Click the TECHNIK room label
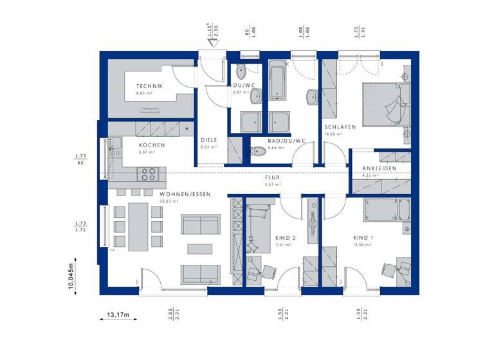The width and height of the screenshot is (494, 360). [x=149, y=86]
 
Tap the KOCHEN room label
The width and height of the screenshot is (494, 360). [x=152, y=145]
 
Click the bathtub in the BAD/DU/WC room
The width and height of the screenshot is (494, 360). [x=277, y=80]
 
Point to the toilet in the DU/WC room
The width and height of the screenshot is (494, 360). [x=241, y=71]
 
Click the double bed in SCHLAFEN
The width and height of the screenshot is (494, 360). [x=385, y=103]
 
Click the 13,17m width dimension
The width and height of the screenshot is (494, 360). [x=118, y=315]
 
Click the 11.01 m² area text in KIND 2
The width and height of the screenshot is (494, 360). [x=284, y=245]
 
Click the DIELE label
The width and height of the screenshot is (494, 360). [x=208, y=139]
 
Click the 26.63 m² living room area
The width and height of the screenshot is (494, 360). [x=169, y=201]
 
